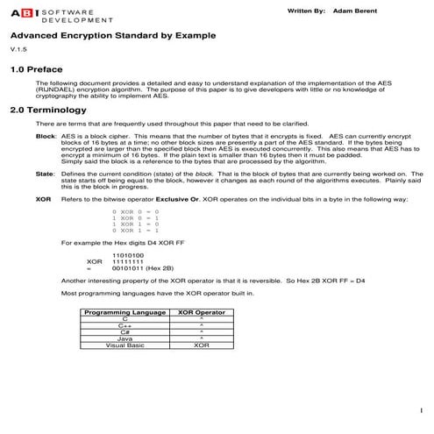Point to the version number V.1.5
[18, 52]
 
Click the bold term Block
[46, 138]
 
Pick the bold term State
[45, 174]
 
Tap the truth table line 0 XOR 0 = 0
[135, 212]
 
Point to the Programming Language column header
[123, 312]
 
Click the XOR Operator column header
[202, 312]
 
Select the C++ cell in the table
[124, 326]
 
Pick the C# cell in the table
[124, 332]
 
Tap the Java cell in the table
[124, 338]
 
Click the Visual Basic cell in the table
[124, 345]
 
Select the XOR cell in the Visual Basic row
[202, 345]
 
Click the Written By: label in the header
[306, 11]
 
